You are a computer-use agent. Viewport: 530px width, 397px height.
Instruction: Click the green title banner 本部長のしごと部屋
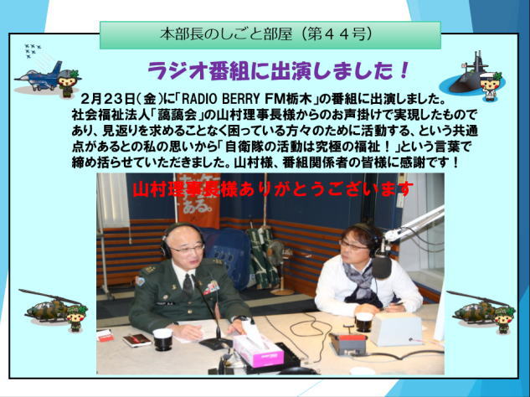click(270, 35)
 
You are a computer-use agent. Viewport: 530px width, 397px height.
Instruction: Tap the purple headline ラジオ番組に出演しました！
click(278, 71)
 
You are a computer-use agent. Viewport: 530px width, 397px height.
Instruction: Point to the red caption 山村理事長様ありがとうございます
click(273, 189)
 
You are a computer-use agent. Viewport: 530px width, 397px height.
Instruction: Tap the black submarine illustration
click(469, 74)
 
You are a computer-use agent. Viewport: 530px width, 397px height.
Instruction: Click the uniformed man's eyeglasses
click(188, 250)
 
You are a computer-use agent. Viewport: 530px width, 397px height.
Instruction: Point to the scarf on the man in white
click(363, 284)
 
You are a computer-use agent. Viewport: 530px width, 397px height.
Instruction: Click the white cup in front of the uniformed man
click(162, 339)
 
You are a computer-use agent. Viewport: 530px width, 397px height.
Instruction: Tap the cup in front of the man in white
click(363, 322)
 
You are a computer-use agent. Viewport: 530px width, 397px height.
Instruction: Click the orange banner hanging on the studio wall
click(198, 200)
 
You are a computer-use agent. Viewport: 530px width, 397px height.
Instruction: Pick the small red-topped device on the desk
click(348, 343)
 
